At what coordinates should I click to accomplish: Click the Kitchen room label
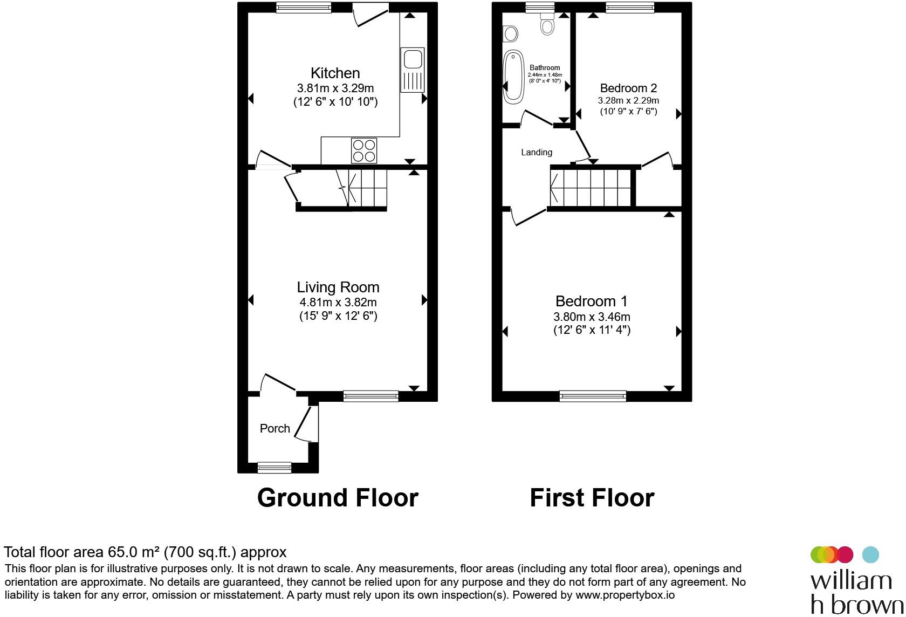335,73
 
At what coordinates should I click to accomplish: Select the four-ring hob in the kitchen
364,150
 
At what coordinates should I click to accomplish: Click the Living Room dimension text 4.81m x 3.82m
338,303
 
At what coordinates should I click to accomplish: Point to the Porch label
275,429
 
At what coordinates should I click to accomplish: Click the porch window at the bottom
274,467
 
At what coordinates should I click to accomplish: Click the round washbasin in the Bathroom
510,35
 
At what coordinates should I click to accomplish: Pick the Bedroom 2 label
628,88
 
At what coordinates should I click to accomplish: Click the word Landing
536,153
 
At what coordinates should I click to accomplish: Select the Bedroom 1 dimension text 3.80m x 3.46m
592,317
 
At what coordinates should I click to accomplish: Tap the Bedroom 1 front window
593,396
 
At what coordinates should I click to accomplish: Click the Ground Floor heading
338,497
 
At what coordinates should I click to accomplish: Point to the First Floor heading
592,497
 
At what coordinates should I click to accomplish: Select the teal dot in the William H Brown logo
870,554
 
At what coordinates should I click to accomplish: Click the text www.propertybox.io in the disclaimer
625,595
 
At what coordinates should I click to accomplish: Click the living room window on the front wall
371,396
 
